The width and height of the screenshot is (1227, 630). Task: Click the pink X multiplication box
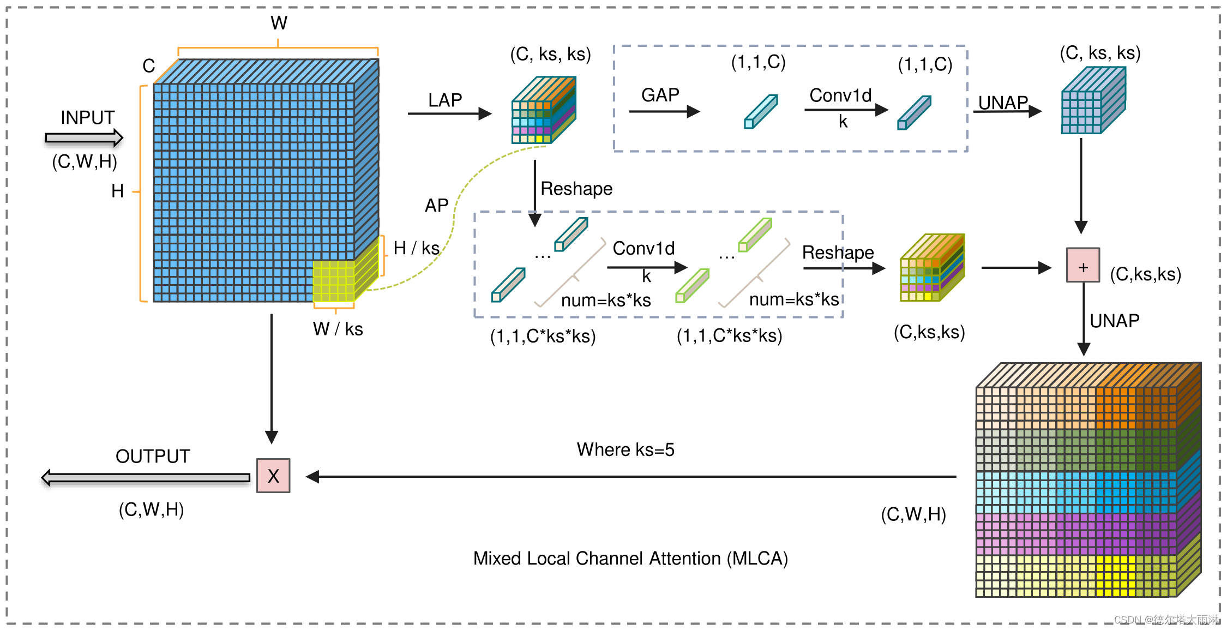(273, 476)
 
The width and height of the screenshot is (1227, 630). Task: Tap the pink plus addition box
(1083, 265)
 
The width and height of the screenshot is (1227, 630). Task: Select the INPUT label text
(87, 117)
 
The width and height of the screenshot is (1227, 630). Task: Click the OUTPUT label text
(153, 456)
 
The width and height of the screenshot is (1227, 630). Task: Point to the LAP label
(445, 100)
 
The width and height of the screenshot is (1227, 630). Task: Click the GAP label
(660, 95)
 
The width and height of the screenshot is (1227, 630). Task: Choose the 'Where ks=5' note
(626, 449)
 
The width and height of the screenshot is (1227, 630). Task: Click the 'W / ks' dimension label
(338, 329)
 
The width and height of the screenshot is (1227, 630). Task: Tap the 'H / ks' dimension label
(417, 248)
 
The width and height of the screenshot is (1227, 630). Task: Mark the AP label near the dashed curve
(437, 206)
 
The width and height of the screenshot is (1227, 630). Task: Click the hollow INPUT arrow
(84, 138)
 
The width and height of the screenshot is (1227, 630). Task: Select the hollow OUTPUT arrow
(146, 478)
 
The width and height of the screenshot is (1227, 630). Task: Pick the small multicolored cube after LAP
(544, 110)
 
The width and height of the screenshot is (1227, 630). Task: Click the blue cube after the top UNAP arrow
(1093, 100)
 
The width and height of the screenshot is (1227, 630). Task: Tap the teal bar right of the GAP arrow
(761, 111)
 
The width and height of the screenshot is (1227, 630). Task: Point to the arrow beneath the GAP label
(664, 112)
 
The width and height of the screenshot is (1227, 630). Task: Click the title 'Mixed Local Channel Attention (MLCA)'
(630, 559)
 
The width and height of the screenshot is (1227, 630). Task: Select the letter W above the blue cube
(279, 23)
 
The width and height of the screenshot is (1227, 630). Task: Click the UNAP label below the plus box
(1115, 321)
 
